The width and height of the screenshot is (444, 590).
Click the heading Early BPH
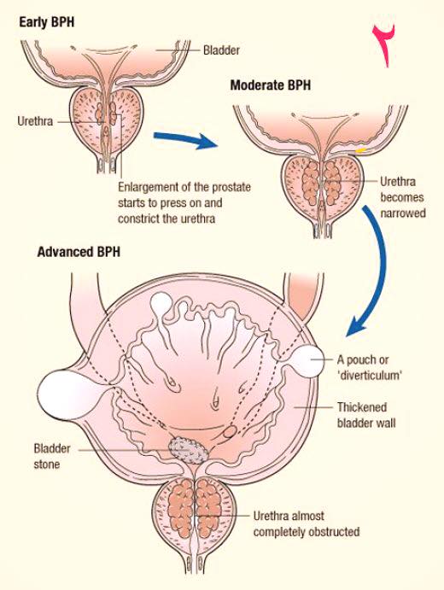click(47, 22)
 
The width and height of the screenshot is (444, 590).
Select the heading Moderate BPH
click(271, 85)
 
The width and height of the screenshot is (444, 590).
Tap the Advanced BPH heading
click(79, 252)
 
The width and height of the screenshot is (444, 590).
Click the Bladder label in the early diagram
click(221, 50)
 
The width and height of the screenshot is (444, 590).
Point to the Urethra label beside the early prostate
click(35, 121)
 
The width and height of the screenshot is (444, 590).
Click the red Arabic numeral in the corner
click(384, 45)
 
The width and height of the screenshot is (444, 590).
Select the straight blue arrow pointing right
click(185, 139)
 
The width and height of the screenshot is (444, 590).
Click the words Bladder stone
click(47, 456)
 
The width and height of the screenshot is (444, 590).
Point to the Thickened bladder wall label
click(366, 415)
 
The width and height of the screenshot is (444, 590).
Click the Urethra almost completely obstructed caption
click(307, 523)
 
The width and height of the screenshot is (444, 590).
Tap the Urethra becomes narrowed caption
click(403, 197)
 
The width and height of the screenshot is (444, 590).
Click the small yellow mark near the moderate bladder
click(361, 150)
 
